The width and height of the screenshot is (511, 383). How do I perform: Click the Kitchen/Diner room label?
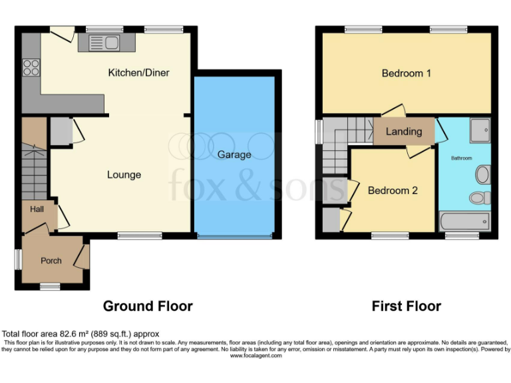(x=138, y=72)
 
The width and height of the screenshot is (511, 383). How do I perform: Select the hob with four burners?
(x=31, y=66)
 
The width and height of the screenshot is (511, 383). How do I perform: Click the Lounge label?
(x=124, y=175)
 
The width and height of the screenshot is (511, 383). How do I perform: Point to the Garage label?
(x=234, y=154)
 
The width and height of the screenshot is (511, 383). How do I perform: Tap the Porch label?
(x=51, y=261)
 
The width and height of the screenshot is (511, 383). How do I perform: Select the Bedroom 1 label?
(x=406, y=73)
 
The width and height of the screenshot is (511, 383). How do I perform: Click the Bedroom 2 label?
(x=393, y=190)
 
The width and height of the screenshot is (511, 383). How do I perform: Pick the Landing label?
(x=404, y=132)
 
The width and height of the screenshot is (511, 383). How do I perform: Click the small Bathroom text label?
(x=461, y=158)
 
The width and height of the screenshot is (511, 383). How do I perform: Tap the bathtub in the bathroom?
(x=464, y=221)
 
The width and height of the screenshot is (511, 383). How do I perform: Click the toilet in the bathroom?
(x=479, y=197)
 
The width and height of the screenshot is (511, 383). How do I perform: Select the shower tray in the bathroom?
(x=479, y=131)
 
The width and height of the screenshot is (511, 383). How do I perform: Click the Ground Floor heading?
(x=147, y=306)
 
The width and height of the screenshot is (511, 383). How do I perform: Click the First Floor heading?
(x=406, y=306)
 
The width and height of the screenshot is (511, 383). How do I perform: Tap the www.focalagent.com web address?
(x=255, y=356)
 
